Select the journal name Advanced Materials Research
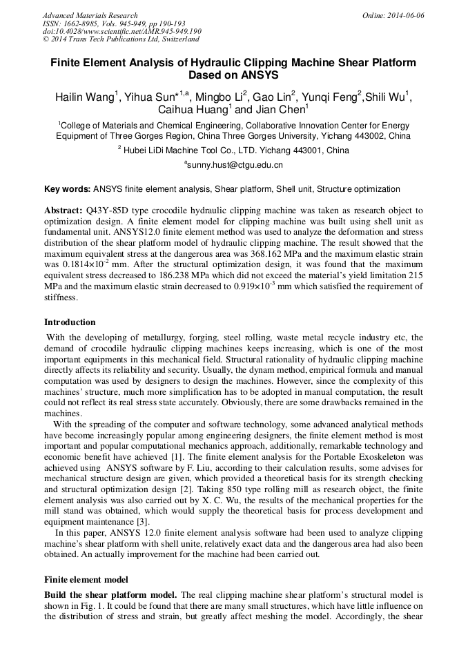pos(90,15)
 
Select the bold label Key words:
pos(67,188)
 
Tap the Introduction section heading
pos(70,322)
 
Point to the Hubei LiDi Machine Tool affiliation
pos(233,150)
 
